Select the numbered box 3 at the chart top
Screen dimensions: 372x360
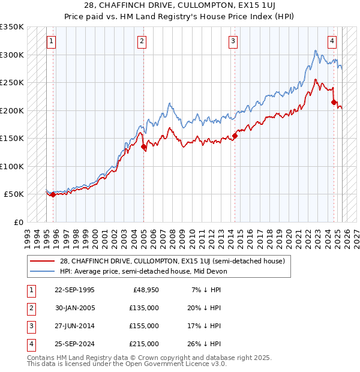tap(233, 41)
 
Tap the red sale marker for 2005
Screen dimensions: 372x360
tap(144, 146)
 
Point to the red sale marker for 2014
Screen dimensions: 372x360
tap(235, 136)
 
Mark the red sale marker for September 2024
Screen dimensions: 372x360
tap(334, 103)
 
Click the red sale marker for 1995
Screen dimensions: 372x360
tap(53, 194)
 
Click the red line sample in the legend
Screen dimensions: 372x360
tap(43, 260)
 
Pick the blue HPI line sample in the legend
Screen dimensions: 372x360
tap(43, 271)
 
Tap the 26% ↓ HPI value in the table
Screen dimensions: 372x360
tap(203, 344)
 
